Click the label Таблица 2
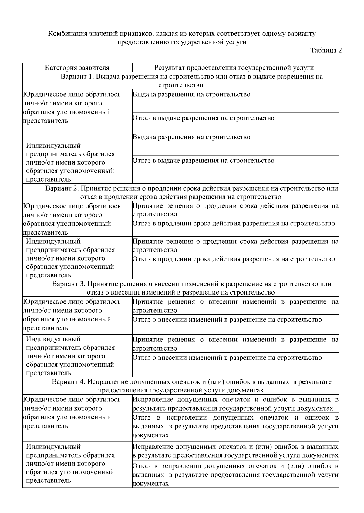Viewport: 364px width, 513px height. [x=326, y=51]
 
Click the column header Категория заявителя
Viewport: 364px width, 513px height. [x=77, y=68]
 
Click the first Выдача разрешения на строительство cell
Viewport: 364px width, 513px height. [x=191, y=95]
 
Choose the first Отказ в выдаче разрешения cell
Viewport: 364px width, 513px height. [x=203, y=118]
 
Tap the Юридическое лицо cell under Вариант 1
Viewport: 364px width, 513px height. [x=72, y=108]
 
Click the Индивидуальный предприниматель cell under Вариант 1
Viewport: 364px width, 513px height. [x=70, y=162]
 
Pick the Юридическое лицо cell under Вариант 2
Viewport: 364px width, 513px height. [x=72, y=219]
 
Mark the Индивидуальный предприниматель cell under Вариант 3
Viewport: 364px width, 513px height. [x=70, y=356]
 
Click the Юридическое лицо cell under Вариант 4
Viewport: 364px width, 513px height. [x=72, y=412]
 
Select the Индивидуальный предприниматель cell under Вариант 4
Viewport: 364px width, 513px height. [x=70, y=463]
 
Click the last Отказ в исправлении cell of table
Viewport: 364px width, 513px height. [x=235, y=475]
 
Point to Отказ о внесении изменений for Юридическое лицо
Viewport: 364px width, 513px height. [x=227, y=320]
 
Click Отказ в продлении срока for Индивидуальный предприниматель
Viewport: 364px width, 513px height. [x=234, y=259]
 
